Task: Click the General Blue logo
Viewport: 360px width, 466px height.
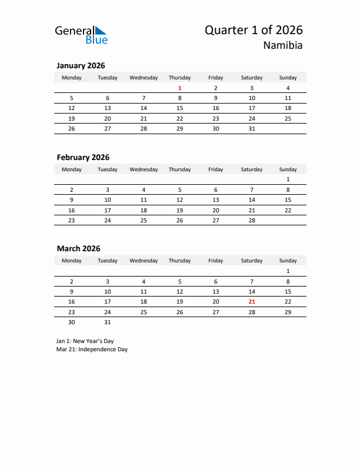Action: (81, 35)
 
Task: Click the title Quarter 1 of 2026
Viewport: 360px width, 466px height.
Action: (254, 30)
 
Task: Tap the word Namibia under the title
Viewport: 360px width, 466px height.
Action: (283, 46)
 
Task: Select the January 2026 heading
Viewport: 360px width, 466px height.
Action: (81, 66)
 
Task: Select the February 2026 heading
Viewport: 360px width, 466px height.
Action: (83, 157)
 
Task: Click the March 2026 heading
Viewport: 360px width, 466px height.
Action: (78, 248)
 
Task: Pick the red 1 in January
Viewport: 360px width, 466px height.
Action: (179, 88)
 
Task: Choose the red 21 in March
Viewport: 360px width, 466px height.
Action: (252, 301)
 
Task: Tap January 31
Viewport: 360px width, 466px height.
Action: (252, 128)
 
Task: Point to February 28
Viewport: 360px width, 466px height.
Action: (252, 219)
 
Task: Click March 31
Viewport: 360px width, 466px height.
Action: (108, 322)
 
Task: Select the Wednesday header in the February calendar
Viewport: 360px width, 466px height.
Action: (144, 169)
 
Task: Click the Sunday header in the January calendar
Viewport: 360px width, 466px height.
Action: (288, 78)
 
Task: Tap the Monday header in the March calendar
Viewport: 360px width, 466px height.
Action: (72, 261)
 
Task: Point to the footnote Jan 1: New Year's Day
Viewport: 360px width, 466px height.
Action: (86, 341)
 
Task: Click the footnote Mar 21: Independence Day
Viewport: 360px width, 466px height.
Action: (92, 349)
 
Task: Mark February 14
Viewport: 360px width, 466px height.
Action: (252, 199)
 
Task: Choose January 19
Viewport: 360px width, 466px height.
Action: (72, 118)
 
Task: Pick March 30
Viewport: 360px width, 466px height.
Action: (72, 322)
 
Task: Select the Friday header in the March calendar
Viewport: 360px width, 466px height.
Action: (216, 261)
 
